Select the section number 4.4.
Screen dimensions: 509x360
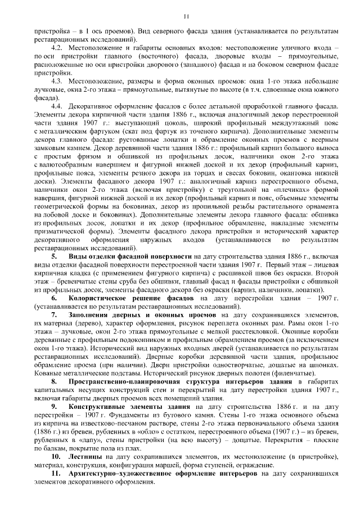point(56,106)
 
